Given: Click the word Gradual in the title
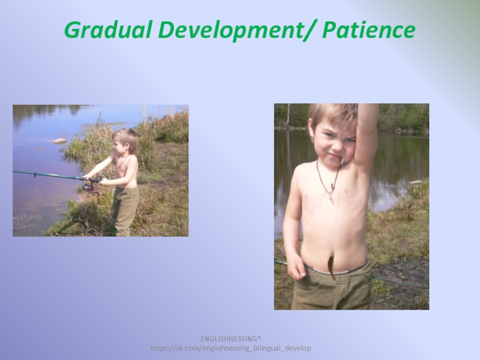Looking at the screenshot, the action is (108, 30).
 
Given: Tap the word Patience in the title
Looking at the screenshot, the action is (368, 29).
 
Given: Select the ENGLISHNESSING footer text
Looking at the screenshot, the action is (231, 338).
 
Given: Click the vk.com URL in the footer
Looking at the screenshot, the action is (231, 348).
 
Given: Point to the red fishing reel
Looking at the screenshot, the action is (91, 188).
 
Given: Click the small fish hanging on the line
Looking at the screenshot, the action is (332, 268).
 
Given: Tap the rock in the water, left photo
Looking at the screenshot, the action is (59, 141).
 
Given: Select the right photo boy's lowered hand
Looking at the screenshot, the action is (295, 267).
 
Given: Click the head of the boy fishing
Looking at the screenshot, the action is (125, 141).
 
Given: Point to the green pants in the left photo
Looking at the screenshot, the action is (124, 211).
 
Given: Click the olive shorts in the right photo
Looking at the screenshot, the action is (332, 288).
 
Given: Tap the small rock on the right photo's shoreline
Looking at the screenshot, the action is (417, 182).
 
